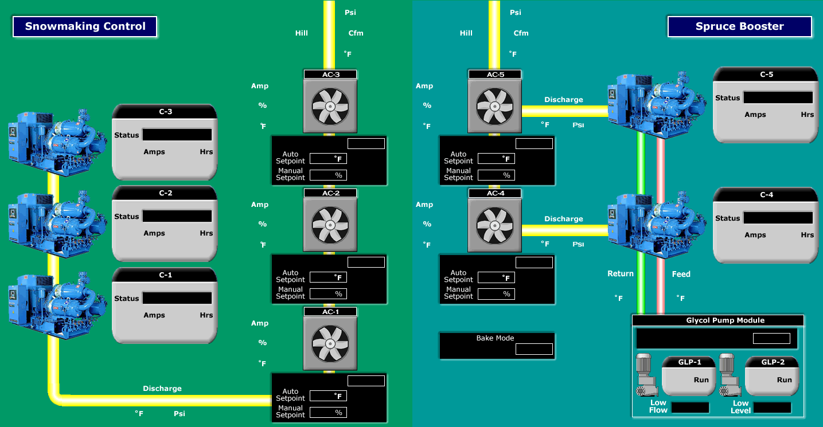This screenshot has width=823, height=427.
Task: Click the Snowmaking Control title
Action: [x=85, y=26]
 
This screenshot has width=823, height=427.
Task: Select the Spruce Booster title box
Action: [x=739, y=26]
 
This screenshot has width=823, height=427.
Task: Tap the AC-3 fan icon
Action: [x=330, y=105]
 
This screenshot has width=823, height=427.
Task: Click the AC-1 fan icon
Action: [x=330, y=343]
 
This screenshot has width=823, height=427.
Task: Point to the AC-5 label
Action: [x=495, y=75]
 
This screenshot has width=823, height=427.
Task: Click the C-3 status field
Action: [x=177, y=135]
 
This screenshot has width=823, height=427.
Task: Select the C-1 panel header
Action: [x=165, y=275]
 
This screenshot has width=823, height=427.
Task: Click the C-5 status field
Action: [x=778, y=97]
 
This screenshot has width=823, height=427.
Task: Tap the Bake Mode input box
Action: [x=534, y=349]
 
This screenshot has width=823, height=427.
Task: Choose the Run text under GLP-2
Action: [x=784, y=380]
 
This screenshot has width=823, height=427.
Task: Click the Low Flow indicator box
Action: [x=691, y=408]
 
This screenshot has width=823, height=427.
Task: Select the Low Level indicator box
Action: [x=772, y=408]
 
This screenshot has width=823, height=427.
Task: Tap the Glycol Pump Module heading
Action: [x=717, y=320]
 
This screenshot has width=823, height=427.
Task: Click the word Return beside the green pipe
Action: [x=620, y=274]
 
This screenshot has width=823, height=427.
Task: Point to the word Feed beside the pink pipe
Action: [x=681, y=274]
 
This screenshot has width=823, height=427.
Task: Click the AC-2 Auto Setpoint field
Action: [x=328, y=277]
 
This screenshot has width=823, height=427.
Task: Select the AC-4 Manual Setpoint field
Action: [x=496, y=294]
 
